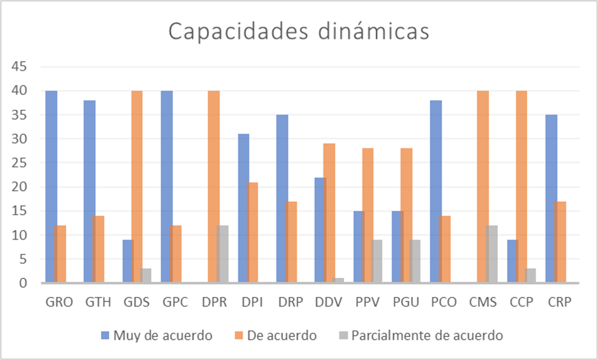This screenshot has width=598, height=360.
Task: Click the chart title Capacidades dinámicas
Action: [x=299, y=31]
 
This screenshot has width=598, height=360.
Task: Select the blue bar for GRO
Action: [x=50, y=187]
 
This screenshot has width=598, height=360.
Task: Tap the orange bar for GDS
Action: [x=137, y=187]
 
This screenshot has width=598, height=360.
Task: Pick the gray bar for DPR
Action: [x=222, y=254]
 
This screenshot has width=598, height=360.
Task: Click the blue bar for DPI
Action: [x=243, y=208]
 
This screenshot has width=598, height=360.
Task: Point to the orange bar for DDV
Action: [x=329, y=213]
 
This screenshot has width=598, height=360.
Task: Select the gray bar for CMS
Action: [x=491, y=254]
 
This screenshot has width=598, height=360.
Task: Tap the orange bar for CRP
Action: [x=560, y=242]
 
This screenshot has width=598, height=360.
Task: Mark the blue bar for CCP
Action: [x=511, y=261]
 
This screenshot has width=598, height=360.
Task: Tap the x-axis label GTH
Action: [x=98, y=302]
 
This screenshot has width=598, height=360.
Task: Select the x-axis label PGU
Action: [x=405, y=302]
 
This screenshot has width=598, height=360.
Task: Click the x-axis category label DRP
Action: [x=290, y=302]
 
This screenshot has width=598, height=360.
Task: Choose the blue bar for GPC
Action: [x=166, y=187]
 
